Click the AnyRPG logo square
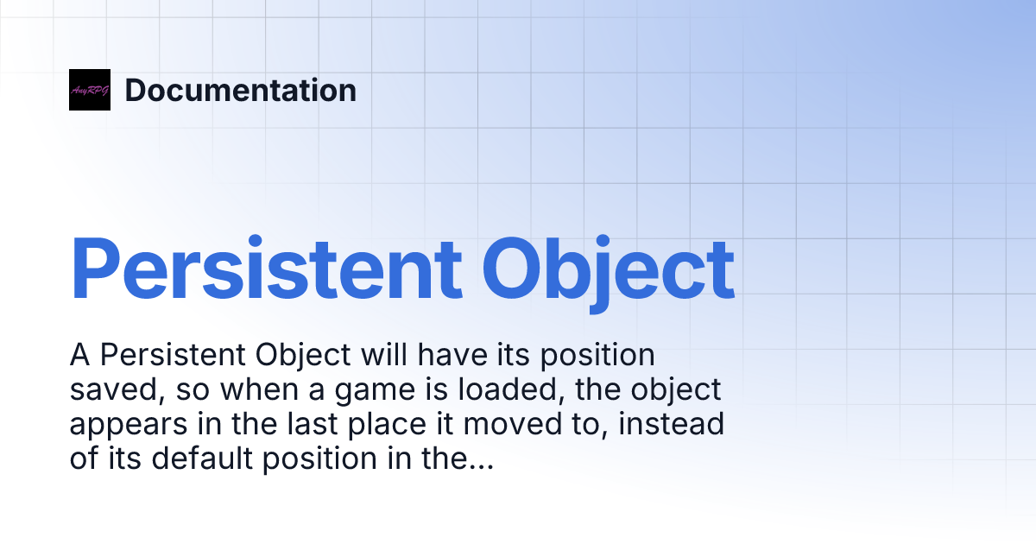[x=90, y=90]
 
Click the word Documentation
[x=241, y=90]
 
